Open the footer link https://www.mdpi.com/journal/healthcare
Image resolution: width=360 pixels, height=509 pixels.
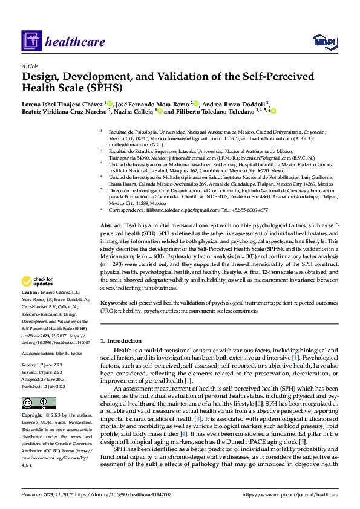pyautogui.click(x=290, y=494)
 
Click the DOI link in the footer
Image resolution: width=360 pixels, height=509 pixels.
pyautogui.click(x=126, y=494)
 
